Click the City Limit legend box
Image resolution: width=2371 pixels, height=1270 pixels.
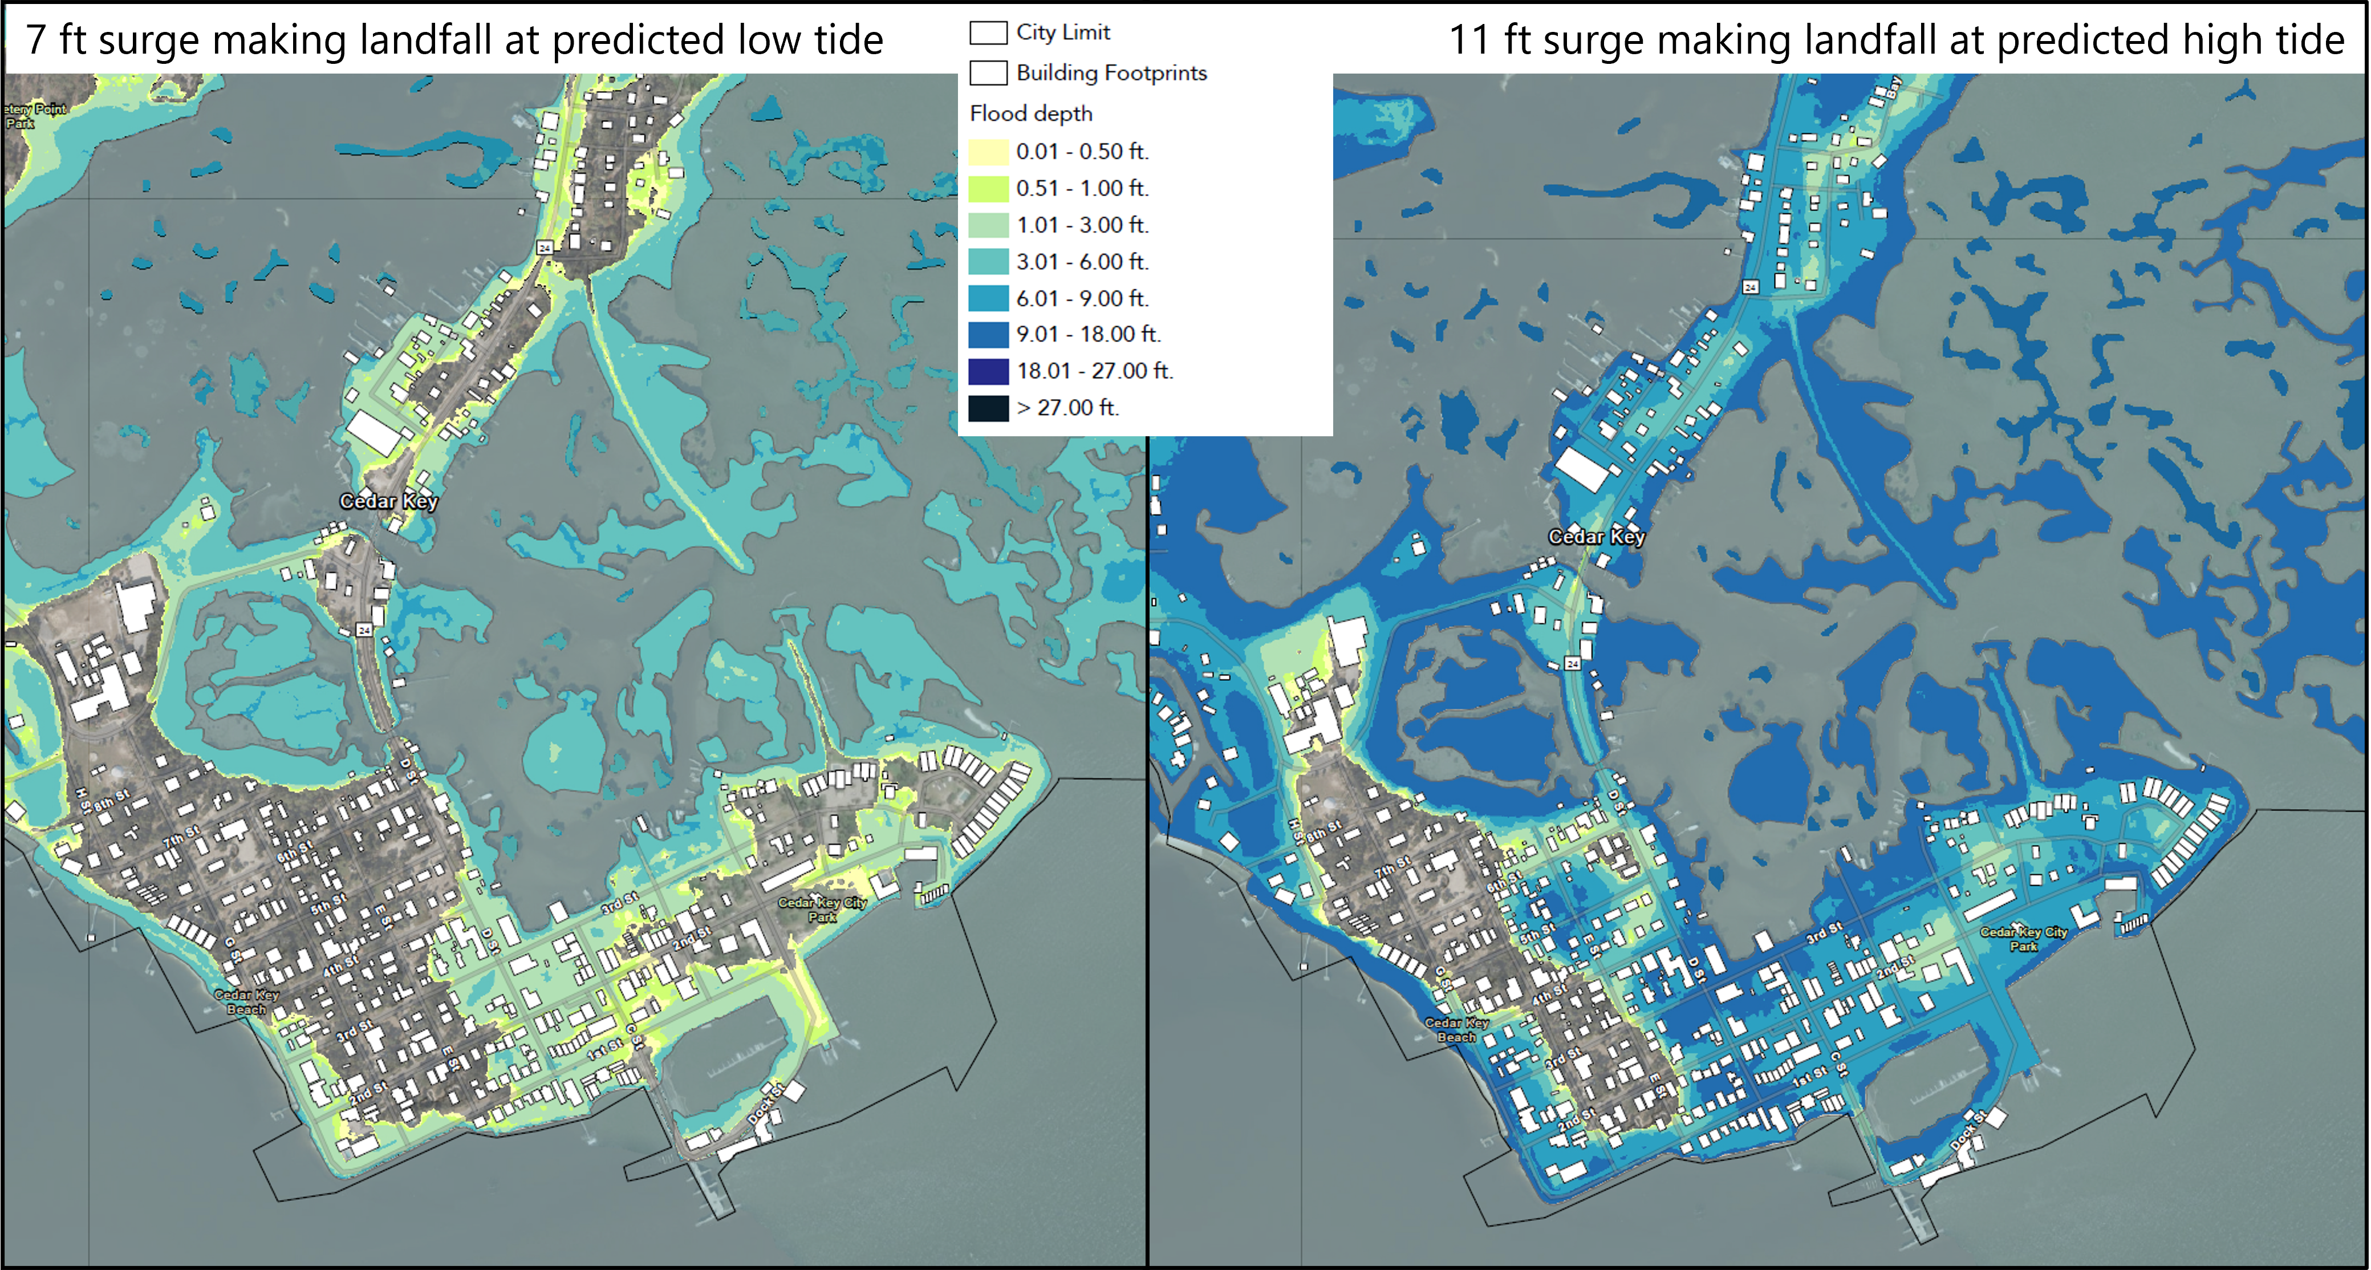pos(988,33)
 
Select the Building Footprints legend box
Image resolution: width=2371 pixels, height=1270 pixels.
pos(988,72)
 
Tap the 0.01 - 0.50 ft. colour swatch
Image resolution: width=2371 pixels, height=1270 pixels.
pos(988,152)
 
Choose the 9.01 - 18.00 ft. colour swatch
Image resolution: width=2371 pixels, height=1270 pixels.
pos(988,335)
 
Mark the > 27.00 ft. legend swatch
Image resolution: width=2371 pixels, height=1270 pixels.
pos(988,408)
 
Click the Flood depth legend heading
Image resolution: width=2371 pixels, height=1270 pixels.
pos(1031,113)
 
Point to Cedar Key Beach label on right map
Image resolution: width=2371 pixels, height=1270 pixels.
pos(1456,1030)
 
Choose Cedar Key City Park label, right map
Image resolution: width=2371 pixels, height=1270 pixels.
pos(2023,939)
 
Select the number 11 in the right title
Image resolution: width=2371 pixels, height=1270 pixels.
pos(1469,39)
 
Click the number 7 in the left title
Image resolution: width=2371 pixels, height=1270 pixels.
pos(35,39)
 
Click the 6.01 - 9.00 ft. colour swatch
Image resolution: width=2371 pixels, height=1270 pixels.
pos(988,299)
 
